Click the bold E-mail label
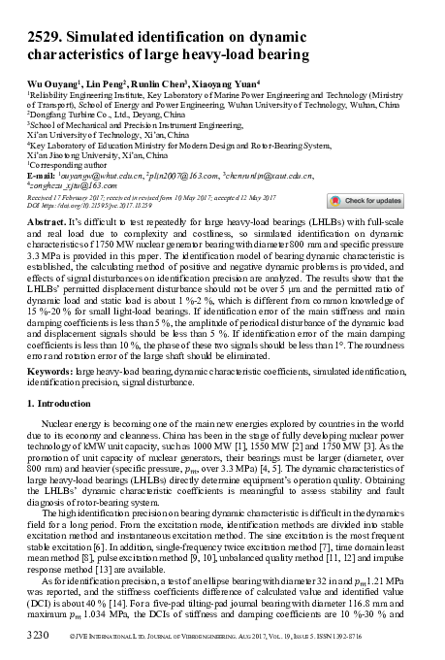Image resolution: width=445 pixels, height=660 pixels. click(x=43, y=175)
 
